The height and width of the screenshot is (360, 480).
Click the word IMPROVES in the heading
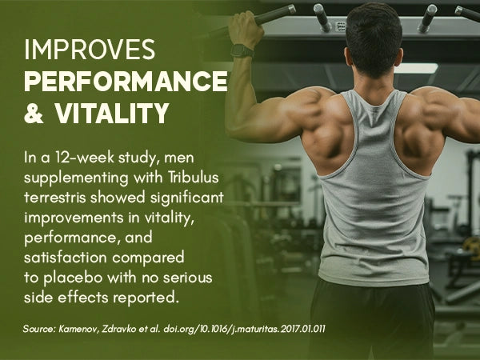point(90,50)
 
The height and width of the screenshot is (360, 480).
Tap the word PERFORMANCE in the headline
point(126,81)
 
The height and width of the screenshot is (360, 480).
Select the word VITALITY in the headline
point(112,113)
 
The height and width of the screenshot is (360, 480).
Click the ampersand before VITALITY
point(34,114)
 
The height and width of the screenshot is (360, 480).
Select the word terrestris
point(55,198)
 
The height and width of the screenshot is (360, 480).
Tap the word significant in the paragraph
point(187,198)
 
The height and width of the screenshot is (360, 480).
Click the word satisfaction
point(66,258)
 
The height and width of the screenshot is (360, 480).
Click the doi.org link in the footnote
point(244,330)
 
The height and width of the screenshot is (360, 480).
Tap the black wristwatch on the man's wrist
point(242,50)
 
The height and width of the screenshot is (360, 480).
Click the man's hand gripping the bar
point(246,27)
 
